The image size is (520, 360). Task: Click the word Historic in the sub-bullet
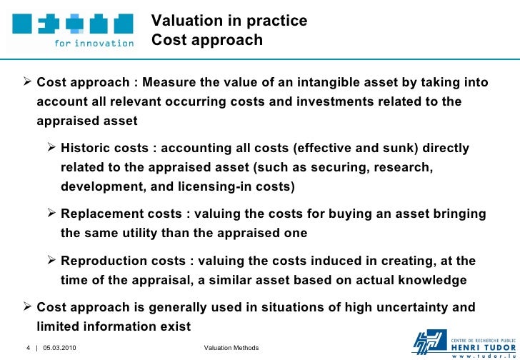pos(86,149)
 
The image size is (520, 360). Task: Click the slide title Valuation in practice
pos(229,21)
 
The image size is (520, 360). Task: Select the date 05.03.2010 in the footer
pos(61,348)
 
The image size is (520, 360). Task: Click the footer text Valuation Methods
pos(231,348)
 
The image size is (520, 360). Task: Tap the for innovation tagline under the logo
pos(94,42)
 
